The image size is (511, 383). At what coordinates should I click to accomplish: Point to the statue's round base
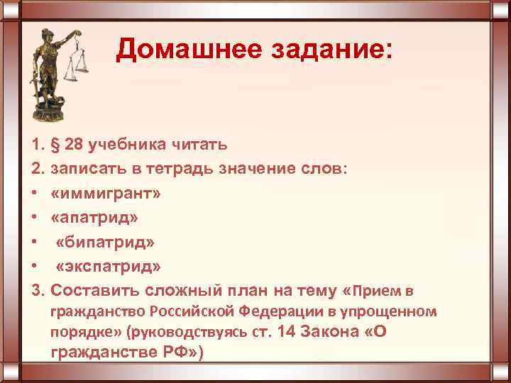click(x=49, y=110)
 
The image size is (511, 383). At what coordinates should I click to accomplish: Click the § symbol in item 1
click(x=56, y=145)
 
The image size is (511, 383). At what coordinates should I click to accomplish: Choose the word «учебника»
click(x=129, y=145)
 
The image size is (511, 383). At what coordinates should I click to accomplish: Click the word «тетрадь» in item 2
click(x=184, y=170)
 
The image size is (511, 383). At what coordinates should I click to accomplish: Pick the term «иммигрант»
click(x=106, y=194)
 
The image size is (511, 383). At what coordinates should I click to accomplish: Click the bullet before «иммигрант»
click(x=35, y=194)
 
